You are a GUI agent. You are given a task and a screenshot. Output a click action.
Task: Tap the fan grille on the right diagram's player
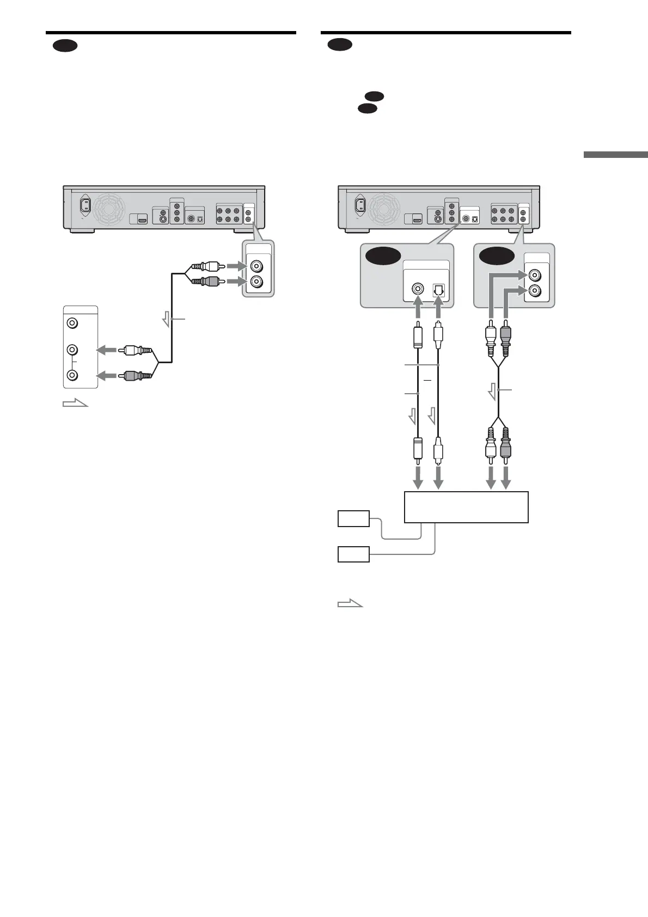(384, 207)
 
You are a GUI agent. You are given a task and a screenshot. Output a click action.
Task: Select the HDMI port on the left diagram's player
(142, 219)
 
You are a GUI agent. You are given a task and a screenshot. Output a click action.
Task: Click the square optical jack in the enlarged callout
(438, 290)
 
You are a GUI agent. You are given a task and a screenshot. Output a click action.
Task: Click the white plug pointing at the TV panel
(133, 350)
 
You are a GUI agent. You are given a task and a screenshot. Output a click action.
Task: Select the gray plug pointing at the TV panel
(133, 375)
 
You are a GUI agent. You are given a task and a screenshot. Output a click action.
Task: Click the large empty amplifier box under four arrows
(466, 507)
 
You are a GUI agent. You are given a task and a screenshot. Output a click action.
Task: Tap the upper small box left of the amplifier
(353, 519)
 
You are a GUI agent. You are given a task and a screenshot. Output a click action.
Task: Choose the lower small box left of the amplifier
(353, 554)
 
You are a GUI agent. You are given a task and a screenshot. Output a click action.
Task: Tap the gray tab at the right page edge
(615, 155)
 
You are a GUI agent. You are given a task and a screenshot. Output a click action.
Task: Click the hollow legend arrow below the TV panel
(75, 404)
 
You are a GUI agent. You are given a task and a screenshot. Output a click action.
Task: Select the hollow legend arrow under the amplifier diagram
(350, 603)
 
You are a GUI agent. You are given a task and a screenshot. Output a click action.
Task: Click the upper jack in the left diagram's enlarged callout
(256, 267)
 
